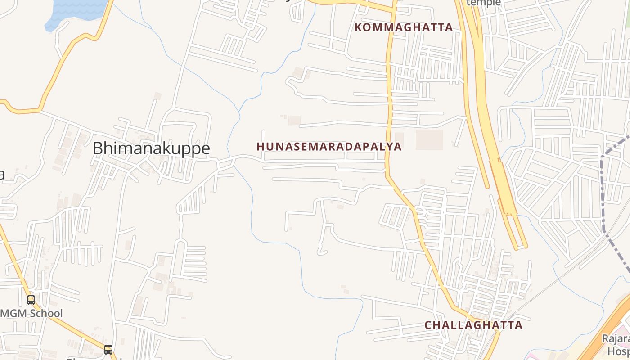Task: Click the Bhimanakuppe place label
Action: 151,148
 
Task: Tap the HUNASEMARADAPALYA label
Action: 329,147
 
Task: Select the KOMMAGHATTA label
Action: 404,27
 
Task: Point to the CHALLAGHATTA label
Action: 473,325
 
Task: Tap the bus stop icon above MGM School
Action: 31,300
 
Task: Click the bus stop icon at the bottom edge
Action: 108,349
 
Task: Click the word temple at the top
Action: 484,3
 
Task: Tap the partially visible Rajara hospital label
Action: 616,344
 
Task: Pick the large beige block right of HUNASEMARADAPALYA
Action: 429,139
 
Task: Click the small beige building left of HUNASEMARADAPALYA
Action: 294,121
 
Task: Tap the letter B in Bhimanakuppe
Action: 98,148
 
